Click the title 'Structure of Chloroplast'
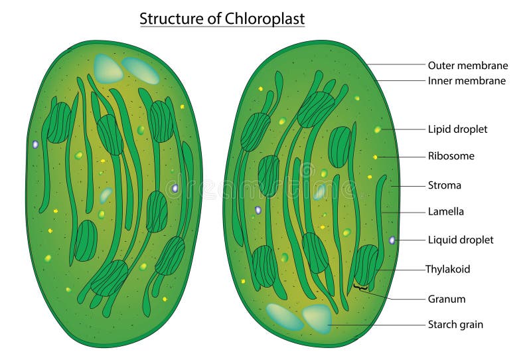(222, 19)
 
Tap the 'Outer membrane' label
(467, 65)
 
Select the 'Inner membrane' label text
(467, 81)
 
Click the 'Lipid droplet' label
(457, 129)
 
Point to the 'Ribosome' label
(451, 157)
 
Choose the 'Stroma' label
(444, 185)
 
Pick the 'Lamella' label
(445, 212)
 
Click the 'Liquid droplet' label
(460, 240)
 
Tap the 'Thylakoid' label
(447, 269)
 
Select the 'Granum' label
(446, 299)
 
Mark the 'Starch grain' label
(455, 325)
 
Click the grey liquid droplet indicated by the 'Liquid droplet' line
(392, 240)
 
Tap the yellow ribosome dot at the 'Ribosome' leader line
(375, 157)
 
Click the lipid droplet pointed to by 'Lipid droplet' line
(377, 130)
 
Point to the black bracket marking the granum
(361, 288)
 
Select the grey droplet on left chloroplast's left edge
(35, 144)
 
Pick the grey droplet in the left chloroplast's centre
(175, 189)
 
